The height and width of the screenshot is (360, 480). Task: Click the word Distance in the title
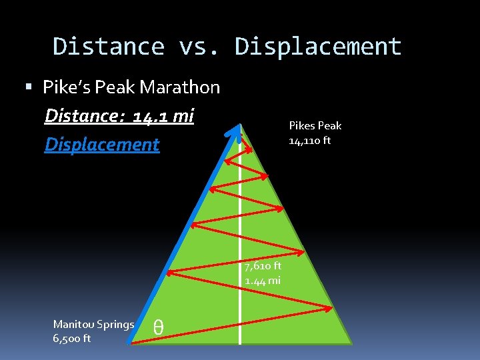tap(109, 47)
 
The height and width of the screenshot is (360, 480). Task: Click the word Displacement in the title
tap(318, 47)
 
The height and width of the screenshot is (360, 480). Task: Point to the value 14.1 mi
tap(163, 117)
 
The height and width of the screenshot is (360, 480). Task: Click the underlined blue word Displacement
tap(102, 145)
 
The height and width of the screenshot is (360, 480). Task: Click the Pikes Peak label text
tap(315, 125)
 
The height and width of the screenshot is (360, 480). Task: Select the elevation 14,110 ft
tap(309, 141)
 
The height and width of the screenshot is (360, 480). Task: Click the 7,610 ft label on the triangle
tap(262, 266)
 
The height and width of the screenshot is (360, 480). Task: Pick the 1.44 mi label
tap(262, 281)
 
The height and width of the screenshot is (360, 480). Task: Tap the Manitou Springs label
tap(93, 325)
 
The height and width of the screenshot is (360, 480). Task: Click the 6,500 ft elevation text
tap(72, 339)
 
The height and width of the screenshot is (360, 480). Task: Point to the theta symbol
tap(158, 327)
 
